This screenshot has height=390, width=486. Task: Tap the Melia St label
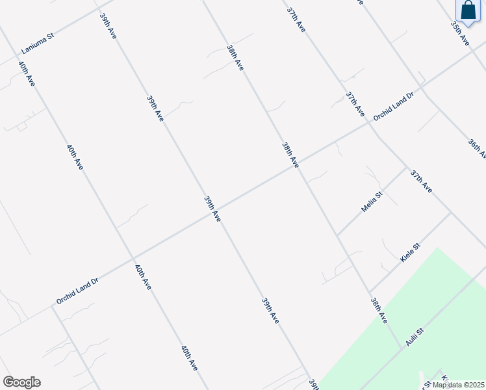coord(372,202)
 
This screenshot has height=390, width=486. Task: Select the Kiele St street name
coord(411,253)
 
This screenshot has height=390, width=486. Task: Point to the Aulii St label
coord(415,337)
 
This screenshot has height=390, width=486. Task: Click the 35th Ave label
coord(460,32)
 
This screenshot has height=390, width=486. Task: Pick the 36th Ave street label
coord(476,148)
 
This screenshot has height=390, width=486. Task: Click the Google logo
coord(21,382)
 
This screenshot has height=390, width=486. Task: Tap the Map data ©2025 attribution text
coord(459,385)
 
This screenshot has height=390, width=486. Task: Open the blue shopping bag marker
coord(468,11)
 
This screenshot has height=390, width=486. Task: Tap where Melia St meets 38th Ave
coord(337,235)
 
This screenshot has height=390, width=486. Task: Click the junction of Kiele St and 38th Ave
coord(369,292)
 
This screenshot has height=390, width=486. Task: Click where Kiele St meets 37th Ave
coord(451,212)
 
